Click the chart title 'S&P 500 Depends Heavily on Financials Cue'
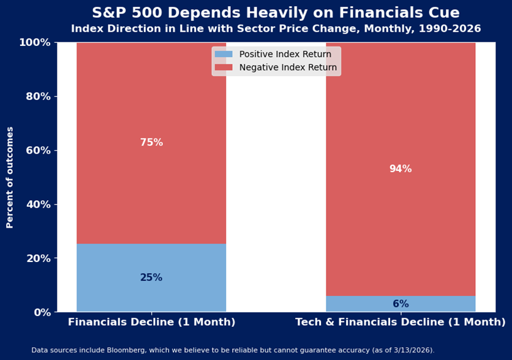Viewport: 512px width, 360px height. (276, 13)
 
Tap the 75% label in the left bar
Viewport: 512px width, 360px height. (151, 143)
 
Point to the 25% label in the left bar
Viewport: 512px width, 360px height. (151, 277)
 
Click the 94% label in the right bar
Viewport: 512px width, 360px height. (401, 169)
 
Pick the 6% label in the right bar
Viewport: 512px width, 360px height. (401, 304)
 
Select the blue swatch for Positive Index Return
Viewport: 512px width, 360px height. (224, 54)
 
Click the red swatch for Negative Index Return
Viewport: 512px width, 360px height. (224, 67)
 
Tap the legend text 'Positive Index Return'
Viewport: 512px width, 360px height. (285, 54)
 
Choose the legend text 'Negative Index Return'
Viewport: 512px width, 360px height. (288, 67)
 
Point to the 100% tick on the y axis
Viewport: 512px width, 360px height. (36, 42)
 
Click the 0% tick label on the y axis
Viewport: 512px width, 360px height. (41, 312)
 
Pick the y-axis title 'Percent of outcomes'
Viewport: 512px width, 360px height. (10, 178)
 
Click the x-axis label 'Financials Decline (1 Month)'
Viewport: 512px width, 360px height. (151, 322)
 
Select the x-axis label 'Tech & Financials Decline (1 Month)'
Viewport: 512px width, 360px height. (401, 322)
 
